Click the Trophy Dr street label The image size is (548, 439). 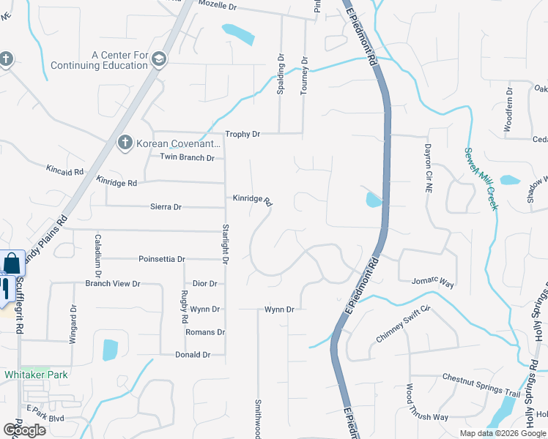tap(242, 134)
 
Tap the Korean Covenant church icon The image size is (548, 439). tap(125, 142)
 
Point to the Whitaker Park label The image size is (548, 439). tap(36, 375)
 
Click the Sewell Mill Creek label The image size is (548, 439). tap(482, 179)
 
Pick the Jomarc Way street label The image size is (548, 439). tap(433, 282)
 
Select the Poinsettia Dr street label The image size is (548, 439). tap(162, 259)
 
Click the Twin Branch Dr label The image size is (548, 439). tap(187, 157)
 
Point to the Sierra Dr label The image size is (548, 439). tap(166, 207)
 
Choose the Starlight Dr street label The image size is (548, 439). tap(225, 244)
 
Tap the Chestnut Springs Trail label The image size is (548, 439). tap(481, 386)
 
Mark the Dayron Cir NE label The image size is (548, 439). tap(429, 168)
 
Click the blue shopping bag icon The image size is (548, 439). tap(12, 263)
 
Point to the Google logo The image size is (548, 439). tap(24, 430)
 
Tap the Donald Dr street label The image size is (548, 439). tap(193, 355)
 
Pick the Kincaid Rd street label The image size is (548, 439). tap(64, 171)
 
